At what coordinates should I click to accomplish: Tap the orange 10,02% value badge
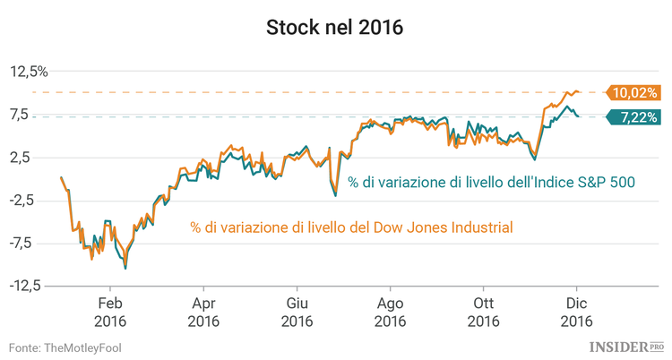coord(634,92)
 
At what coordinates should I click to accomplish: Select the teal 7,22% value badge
coord(634,116)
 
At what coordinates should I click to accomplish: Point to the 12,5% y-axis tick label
coord(30,72)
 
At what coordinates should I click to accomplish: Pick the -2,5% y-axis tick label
coord(30,200)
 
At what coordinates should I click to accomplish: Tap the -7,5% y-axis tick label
coord(30,243)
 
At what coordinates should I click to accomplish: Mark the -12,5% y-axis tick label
coord(28,286)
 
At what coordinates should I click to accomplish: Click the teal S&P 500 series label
coord(492,182)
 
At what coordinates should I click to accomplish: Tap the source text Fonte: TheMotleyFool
coord(65,347)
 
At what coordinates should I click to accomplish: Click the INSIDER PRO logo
coord(626,346)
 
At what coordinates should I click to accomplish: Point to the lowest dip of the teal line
coord(125,268)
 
